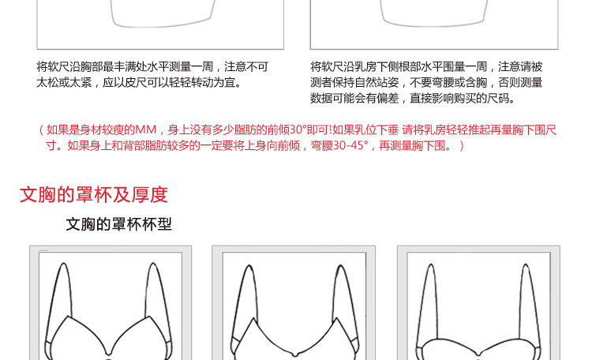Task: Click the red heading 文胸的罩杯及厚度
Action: point(94,194)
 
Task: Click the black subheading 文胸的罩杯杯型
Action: point(119,224)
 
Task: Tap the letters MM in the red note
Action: point(146,130)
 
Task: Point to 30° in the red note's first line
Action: point(298,130)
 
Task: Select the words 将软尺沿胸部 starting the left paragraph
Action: point(64,67)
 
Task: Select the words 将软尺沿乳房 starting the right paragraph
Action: point(338,67)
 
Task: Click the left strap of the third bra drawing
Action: point(427,302)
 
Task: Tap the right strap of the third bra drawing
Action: point(530,302)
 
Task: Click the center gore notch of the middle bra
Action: point(294,354)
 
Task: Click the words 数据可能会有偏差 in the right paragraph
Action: point(354,98)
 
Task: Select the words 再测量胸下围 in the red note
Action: point(412,145)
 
